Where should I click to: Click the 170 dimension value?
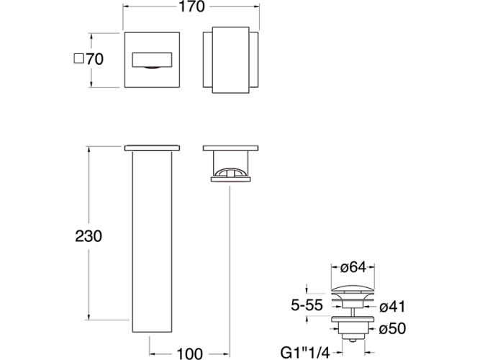click(x=191, y=6)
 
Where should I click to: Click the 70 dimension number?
click(x=94, y=59)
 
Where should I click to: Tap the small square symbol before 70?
click(x=79, y=58)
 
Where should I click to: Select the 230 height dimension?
click(x=89, y=236)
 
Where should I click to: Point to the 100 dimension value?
click(x=190, y=354)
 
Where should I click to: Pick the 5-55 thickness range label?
click(x=307, y=305)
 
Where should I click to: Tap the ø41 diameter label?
click(x=392, y=307)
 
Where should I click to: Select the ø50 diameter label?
click(x=392, y=329)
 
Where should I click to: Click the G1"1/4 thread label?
click(x=305, y=354)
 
